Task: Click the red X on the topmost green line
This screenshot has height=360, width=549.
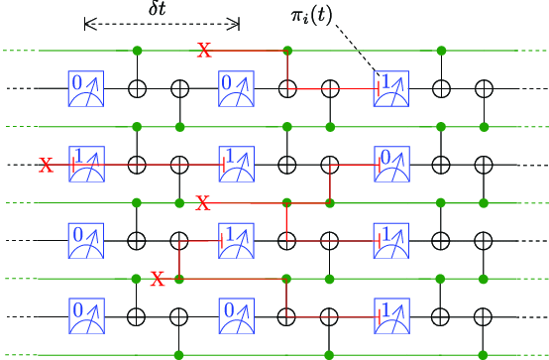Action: (x=205, y=50)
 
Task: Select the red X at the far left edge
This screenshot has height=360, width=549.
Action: (x=46, y=165)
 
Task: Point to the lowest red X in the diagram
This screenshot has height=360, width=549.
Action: (x=157, y=279)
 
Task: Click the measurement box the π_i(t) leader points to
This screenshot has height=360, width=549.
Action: (x=390, y=87)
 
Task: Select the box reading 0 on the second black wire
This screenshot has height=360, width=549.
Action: (x=390, y=164)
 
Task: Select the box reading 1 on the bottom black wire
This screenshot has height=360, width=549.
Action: (x=390, y=316)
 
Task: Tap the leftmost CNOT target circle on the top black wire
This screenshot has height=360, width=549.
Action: (x=137, y=88)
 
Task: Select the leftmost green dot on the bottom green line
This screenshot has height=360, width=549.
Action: (x=178, y=354)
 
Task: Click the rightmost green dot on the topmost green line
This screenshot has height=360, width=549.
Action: (x=440, y=50)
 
